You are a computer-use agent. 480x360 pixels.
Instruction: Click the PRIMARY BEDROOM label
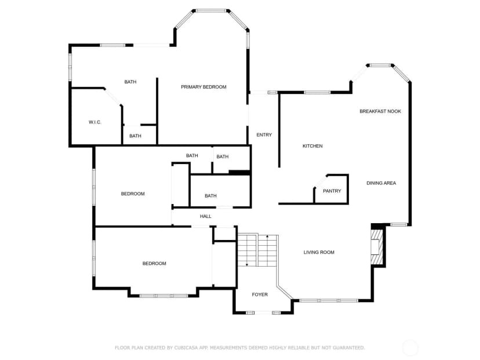[x=203, y=87]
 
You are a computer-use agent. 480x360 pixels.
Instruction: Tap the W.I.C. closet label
[x=95, y=122]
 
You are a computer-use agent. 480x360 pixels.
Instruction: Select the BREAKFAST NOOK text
[x=380, y=111]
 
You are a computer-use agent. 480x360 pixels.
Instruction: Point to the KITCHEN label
[x=312, y=146]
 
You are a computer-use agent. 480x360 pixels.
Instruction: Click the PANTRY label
[x=332, y=191]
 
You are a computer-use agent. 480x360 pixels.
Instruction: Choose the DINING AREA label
[x=381, y=183]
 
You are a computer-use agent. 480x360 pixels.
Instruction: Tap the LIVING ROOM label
[x=319, y=252]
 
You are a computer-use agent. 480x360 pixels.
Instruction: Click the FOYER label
[x=260, y=294]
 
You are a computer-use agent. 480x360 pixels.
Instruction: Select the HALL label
[x=206, y=216]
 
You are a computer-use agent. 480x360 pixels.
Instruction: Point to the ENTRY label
[x=264, y=135]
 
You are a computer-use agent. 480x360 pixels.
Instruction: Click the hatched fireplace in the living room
[x=377, y=247]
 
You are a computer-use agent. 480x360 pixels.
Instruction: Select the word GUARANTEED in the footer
[x=348, y=348]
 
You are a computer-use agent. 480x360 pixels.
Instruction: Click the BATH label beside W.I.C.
[x=135, y=136]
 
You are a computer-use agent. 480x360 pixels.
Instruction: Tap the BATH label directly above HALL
[x=210, y=196]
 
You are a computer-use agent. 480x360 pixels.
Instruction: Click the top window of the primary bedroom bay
[x=211, y=10]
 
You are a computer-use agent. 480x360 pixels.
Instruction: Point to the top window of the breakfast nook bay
[x=380, y=65]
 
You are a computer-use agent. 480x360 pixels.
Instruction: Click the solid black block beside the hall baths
[x=239, y=173]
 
